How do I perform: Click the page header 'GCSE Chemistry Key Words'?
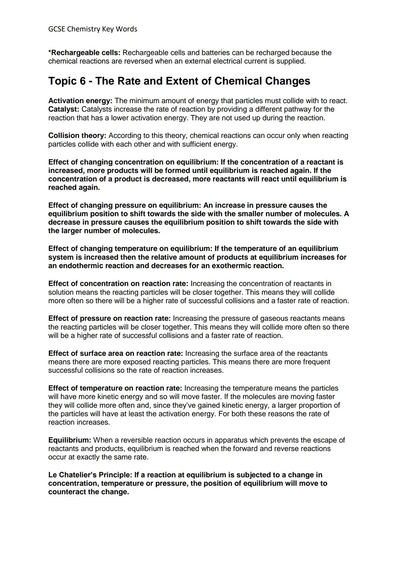pyautogui.click(x=93, y=29)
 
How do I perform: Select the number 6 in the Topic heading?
pyautogui.click(x=82, y=81)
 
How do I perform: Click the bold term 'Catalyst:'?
pyautogui.click(x=64, y=109)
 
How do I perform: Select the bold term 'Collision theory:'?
pyautogui.click(x=77, y=135)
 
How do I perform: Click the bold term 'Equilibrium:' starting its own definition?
pyautogui.click(x=69, y=440)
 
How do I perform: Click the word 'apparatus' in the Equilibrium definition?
pyautogui.click(x=231, y=440)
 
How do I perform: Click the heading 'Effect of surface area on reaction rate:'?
pyautogui.click(x=115, y=353)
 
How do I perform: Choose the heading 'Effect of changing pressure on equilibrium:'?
pyautogui.click(x=125, y=205)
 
